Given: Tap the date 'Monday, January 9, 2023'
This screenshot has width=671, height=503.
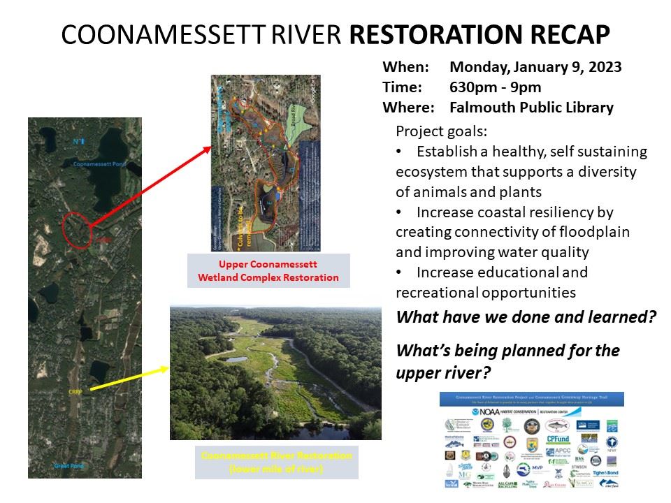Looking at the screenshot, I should [x=535, y=68].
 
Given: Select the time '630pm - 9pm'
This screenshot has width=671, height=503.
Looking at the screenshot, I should [x=496, y=87].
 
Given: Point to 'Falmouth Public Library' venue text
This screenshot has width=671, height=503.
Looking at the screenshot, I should [x=531, y=108].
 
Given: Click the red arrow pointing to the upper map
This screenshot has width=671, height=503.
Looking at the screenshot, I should [x=150, y=187].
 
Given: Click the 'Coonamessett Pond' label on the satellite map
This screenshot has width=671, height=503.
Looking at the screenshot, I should [x=99, y=165].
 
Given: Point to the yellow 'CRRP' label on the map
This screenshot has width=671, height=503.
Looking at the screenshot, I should [x=76, y=393].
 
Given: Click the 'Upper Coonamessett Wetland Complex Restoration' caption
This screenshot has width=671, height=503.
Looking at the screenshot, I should [x=268, y=271].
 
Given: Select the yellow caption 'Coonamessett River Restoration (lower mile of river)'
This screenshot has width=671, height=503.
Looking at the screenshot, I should [x=277, y=461].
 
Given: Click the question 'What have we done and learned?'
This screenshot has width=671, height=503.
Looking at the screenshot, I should [x=526, y=316].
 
